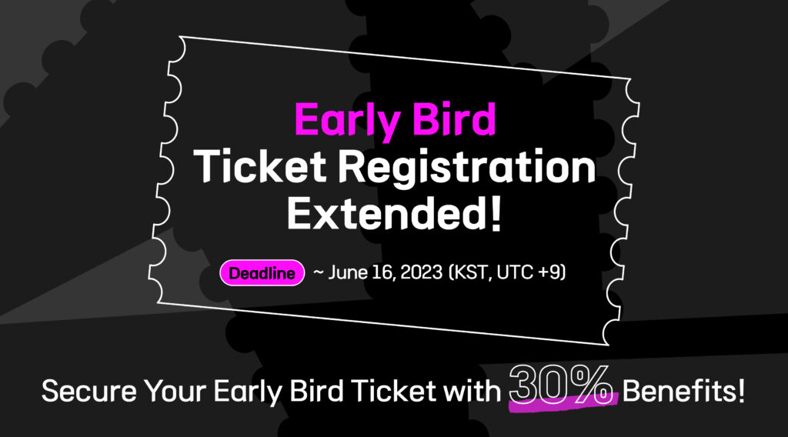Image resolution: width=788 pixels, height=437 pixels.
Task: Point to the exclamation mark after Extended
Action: [x=496, y=213]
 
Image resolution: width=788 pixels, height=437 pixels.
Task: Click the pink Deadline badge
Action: [x=262, y=273]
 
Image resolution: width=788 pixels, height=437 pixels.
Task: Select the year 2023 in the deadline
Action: [x=421, y=272]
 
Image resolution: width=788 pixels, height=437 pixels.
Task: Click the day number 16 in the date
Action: [x=383, y=272]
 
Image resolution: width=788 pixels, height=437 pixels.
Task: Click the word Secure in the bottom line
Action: [x=89, y=392]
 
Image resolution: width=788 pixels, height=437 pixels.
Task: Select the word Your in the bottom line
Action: [x=175, y=392]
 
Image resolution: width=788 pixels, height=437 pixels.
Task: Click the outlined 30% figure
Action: [x=561, y=385]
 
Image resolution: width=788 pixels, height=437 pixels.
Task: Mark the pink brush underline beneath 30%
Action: [x=563, y=403]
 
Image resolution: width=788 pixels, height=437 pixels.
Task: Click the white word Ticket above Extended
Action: [x=260, y=166]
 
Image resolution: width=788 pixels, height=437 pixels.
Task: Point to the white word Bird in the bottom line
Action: [x=316, y=392]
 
